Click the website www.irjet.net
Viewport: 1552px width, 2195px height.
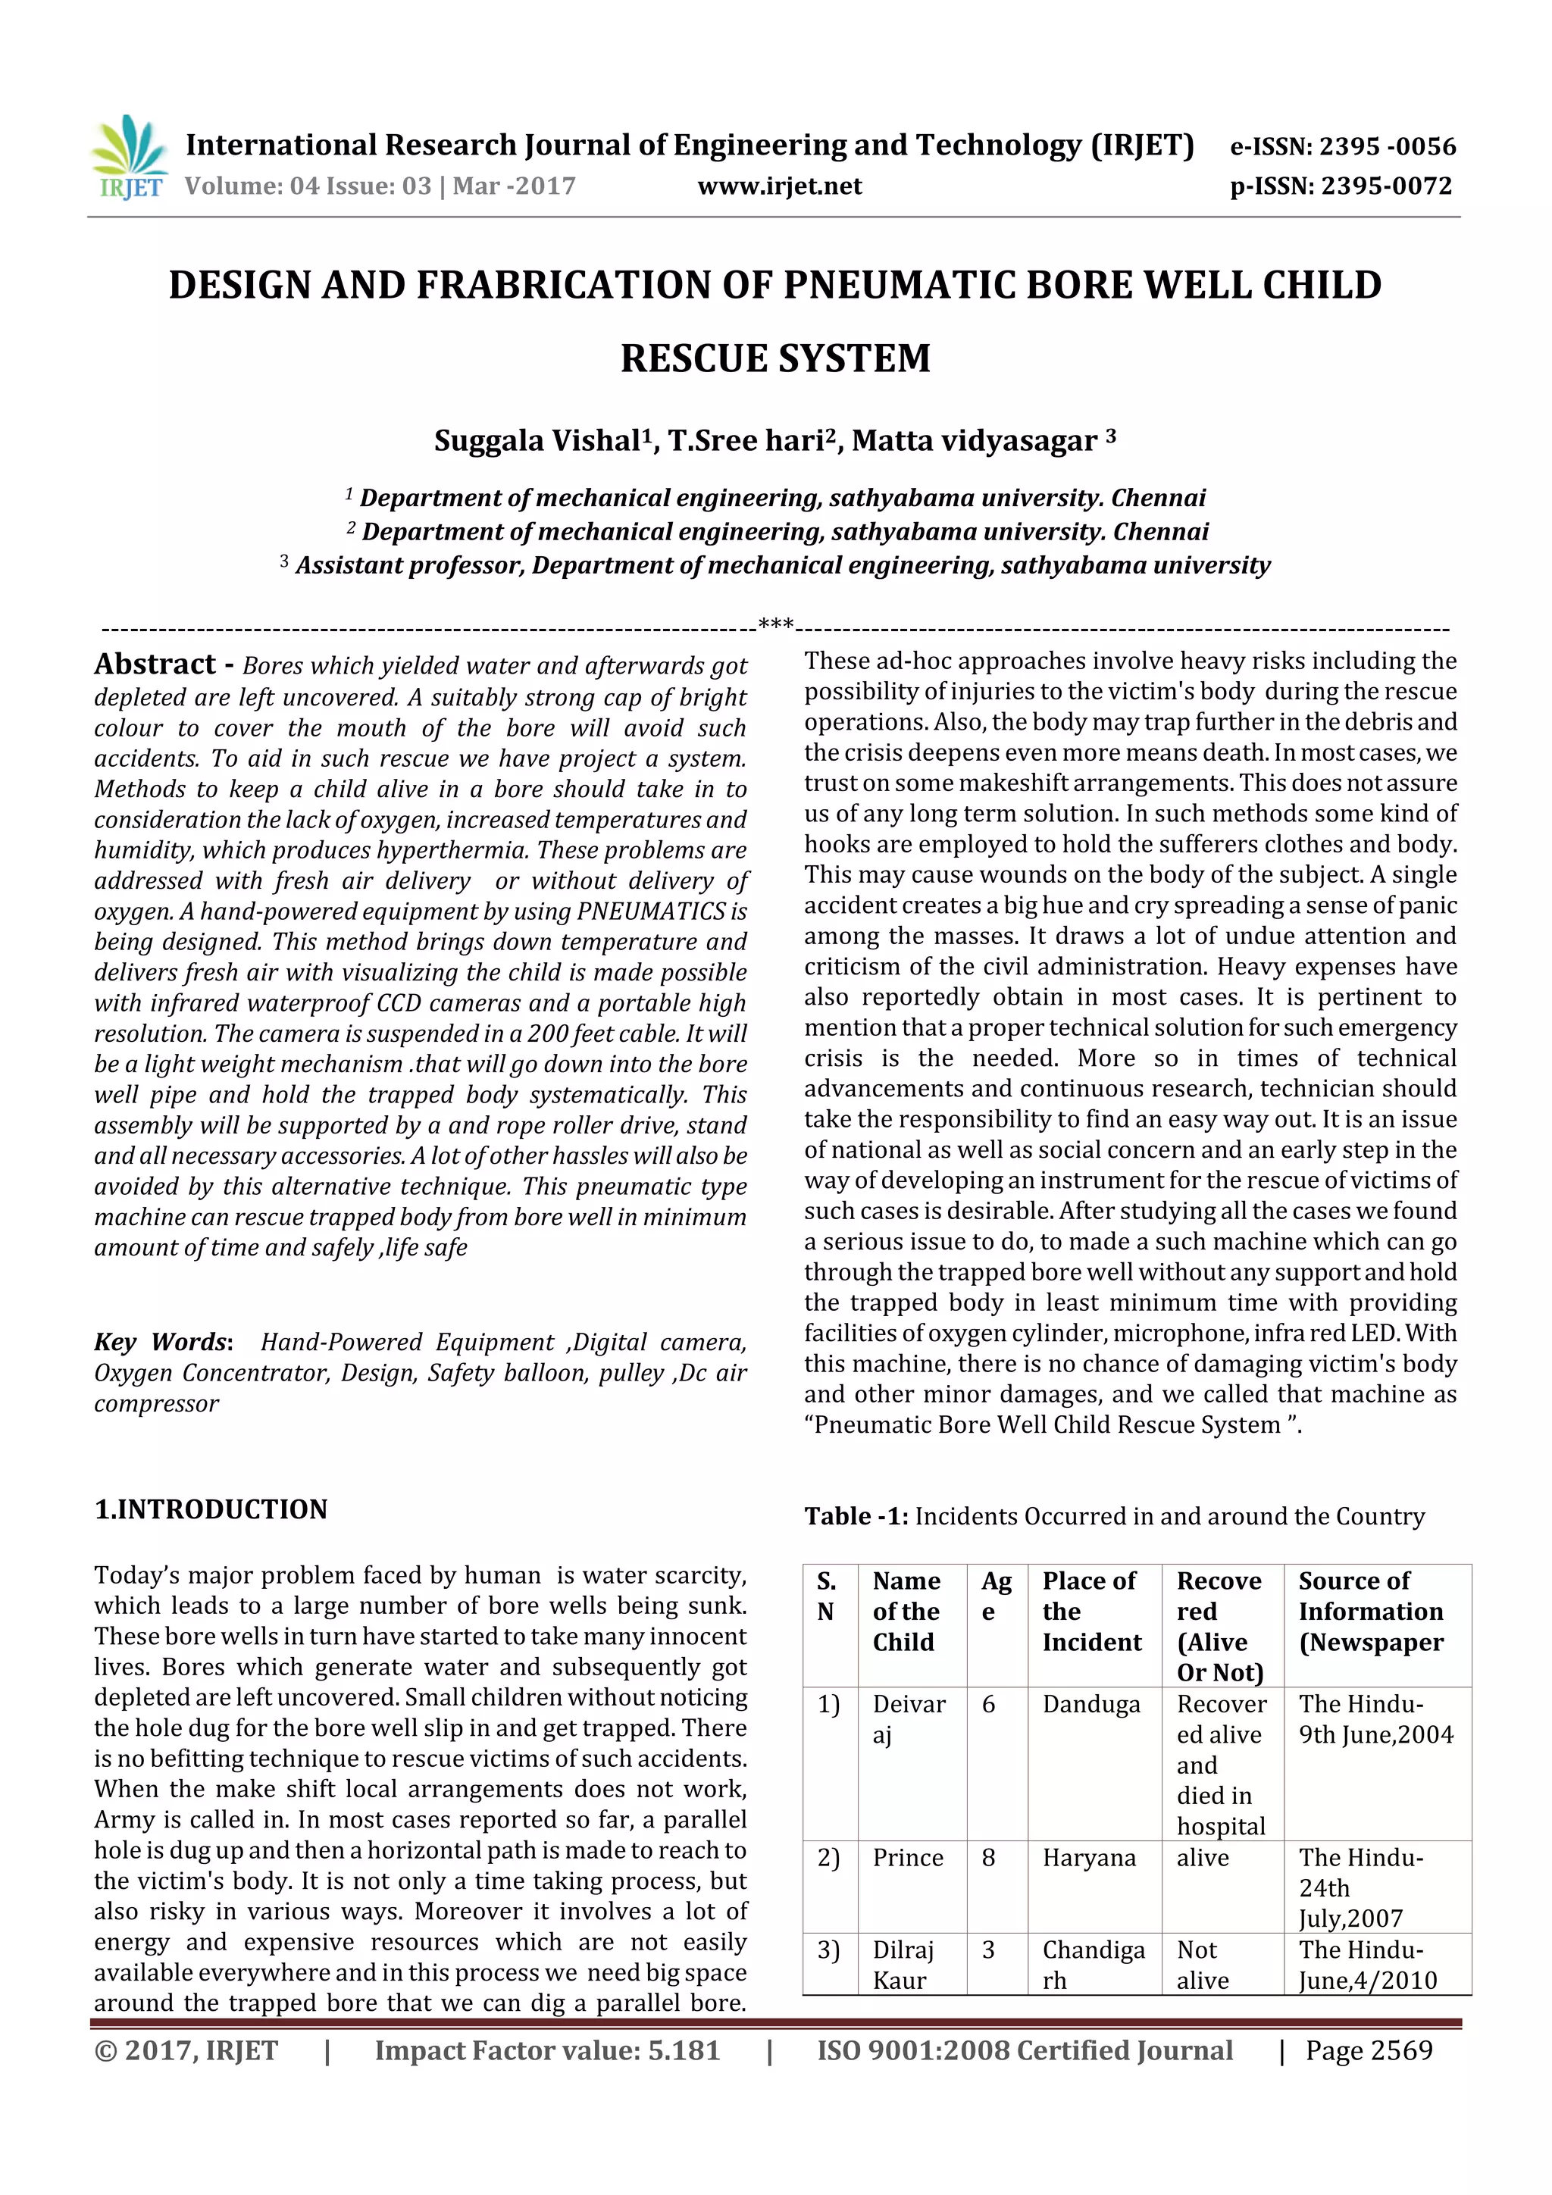[x=779, y=186]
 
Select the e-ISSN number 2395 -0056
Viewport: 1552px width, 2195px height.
[x=1387, y=146]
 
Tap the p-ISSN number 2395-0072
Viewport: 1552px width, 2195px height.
[x=1387, y=186]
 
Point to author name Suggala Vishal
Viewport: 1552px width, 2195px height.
[x=537, y=441]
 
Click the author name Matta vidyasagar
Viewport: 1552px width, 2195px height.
[x=975, y=441]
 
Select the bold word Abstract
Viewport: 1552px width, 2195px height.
[x=155, y=664]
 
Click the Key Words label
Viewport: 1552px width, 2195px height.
[x=161, y=1343]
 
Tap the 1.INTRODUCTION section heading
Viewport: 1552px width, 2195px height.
[x=211, y=1509]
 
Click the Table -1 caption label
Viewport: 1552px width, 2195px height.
[x=855, y=1516]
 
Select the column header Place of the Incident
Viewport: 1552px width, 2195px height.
[x=1092, y=1611]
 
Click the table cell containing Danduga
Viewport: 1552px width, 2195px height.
[x=1091, y=1705]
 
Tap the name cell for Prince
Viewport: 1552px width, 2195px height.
[x=908, y=1858]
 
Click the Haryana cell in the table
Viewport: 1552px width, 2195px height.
[x=1089, y=1858]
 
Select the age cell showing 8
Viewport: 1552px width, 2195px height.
[x=989, y=1858]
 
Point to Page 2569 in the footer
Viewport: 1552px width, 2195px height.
[x=1369, y=2050]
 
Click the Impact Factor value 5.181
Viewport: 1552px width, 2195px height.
[x=683, y=2050]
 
